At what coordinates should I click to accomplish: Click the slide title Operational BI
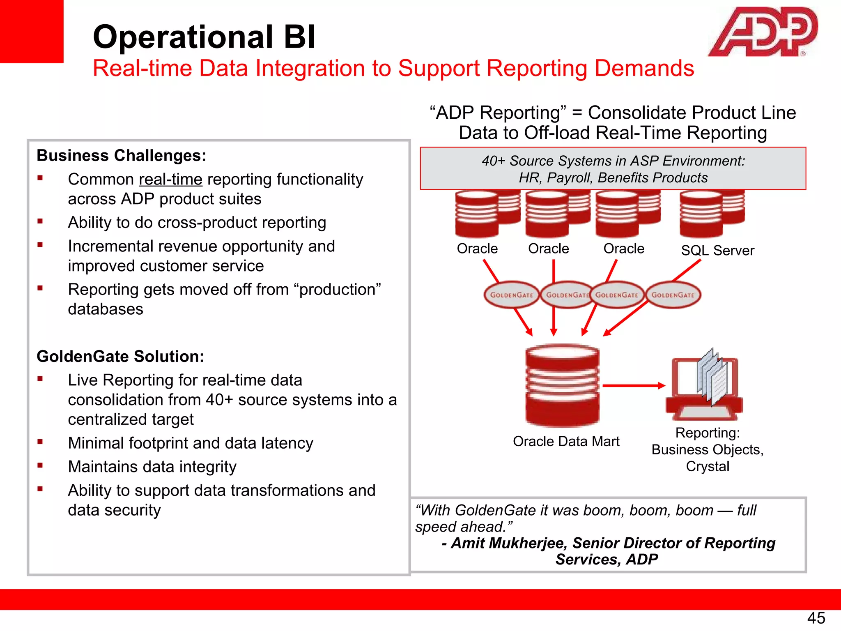click(x=204, y=37)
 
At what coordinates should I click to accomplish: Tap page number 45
click(x=816, y=618)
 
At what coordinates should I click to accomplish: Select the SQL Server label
click(x=717, y=250)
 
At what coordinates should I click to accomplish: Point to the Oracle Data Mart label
click(x=566, y=441)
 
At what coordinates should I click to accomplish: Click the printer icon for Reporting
click(x=704, y=386)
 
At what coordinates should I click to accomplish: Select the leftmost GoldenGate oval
click(x=511, y=295)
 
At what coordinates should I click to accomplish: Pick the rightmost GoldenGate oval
click(x=673, y=295)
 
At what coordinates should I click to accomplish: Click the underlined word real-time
click(x=170, y=180)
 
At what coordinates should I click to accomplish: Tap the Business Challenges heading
click(x=121, y=156)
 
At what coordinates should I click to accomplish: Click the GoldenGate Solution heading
click(x=120, y=356)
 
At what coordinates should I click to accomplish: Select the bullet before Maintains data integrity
click(x=40, y=465)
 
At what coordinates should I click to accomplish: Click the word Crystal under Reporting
click(x=707, y=466)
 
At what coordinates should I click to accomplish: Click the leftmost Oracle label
click(x=477, y=249)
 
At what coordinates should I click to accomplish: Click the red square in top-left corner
click(x=32, y=31)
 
